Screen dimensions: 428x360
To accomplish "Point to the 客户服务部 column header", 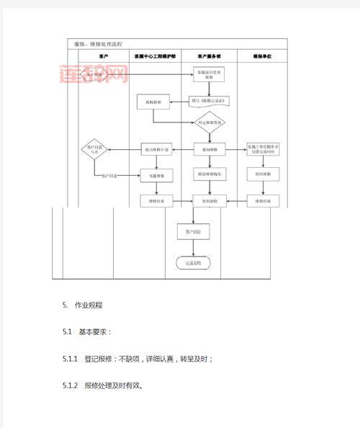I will coord(209,55).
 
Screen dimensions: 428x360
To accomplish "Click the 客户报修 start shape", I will coord(95,74).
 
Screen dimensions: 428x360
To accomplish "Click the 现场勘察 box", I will coord(153,102).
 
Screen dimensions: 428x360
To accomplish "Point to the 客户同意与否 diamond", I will coord(95,149).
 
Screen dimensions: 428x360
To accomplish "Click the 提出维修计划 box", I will coord(156,149).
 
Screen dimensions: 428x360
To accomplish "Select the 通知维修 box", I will coord(210,149).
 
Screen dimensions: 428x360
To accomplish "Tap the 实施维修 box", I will coord(156,175).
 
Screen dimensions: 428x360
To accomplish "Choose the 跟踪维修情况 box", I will coord(210,175).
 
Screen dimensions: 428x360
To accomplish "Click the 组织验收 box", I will coord(210,202).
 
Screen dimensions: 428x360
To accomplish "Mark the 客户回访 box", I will coord(192,232).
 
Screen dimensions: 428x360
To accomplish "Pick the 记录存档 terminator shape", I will coord(194,263).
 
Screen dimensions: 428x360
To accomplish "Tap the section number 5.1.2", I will coord(71,385).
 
